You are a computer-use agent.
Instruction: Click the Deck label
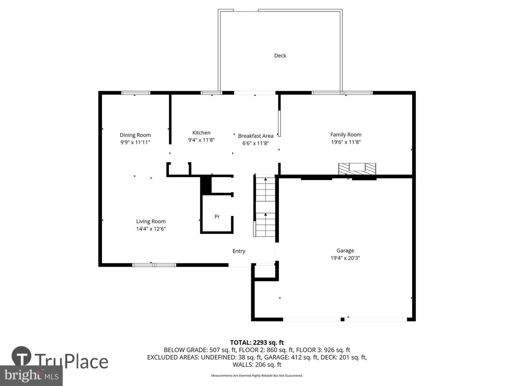point(280,55)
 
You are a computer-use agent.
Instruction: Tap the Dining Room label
point(135,135)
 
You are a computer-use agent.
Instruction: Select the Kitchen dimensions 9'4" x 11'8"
point(201,140)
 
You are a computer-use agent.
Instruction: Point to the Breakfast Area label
point(256,136)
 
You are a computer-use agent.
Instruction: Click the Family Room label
point(346,134)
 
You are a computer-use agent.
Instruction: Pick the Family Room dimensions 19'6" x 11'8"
point(346,142)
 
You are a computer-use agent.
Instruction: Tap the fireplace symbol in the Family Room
point(357,169)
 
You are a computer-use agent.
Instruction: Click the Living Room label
point(151,221)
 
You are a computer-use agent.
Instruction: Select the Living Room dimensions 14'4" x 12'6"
point(151,228)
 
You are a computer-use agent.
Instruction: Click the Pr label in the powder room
point(217,216)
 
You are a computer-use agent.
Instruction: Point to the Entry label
point(239,251)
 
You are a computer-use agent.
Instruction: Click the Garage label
point(345,251)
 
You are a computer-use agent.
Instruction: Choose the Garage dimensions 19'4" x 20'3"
point(345,258)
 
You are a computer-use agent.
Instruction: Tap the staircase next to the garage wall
point(265,206)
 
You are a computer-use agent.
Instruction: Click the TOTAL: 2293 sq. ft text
point(257,343)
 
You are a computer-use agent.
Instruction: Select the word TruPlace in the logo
point(71,362)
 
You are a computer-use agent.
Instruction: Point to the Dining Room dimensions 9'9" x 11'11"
point(135,142)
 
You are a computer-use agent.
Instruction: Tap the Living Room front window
point(154,265)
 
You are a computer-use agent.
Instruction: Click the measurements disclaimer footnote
point(257,375)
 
